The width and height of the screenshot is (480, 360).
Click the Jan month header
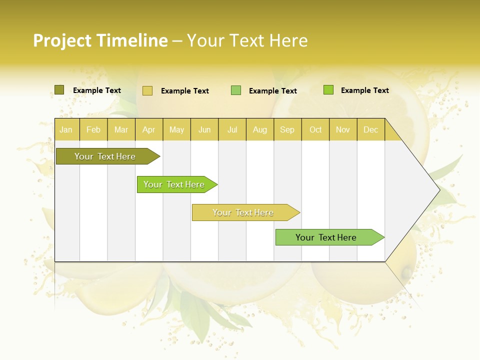[66, 129]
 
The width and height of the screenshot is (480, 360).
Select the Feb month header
[93, 129]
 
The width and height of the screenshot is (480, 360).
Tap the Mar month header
[121, 129]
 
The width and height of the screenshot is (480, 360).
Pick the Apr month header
[149, 129]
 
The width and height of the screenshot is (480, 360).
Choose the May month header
[176, 129]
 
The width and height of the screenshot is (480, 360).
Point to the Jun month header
[204, 129]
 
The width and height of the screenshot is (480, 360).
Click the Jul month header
[232, 129]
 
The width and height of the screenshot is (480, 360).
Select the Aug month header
[260, 129]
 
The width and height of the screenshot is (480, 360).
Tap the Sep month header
[287, 129]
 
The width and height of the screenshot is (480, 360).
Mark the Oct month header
[315, 129]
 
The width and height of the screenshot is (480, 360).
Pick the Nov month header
[343, 129]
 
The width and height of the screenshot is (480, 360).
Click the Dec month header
[371, 129]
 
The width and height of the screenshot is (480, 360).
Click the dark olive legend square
[59, 90]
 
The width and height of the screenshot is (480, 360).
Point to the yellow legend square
[147, 90]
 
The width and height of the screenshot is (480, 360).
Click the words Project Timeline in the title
[100, 40]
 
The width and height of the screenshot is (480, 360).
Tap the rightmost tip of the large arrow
[438, 190]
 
